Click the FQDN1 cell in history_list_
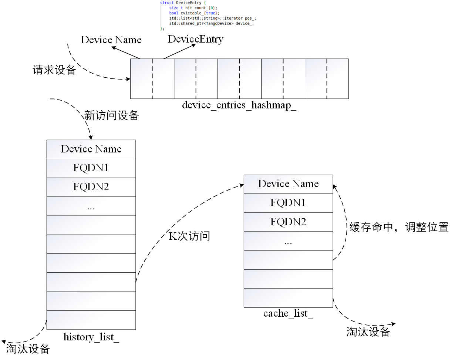(91, 168)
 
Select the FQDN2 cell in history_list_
(91, 187)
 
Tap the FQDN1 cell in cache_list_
(288, 203)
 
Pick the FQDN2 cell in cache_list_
(288, 222)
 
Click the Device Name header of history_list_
(91, 149)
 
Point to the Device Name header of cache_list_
(288, 184)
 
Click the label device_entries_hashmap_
(239, 105)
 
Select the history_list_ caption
(91, 337)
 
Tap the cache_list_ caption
(288, 313)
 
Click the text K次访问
(189, 236)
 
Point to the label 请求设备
(54, 70)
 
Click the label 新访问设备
(112, 116)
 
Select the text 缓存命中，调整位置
(399, 227)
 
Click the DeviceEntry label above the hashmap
(196, 39)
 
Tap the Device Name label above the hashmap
(111, 40)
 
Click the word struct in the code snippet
(167, 3)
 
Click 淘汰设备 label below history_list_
(28, 349)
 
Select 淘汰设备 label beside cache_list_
(368, 332)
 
